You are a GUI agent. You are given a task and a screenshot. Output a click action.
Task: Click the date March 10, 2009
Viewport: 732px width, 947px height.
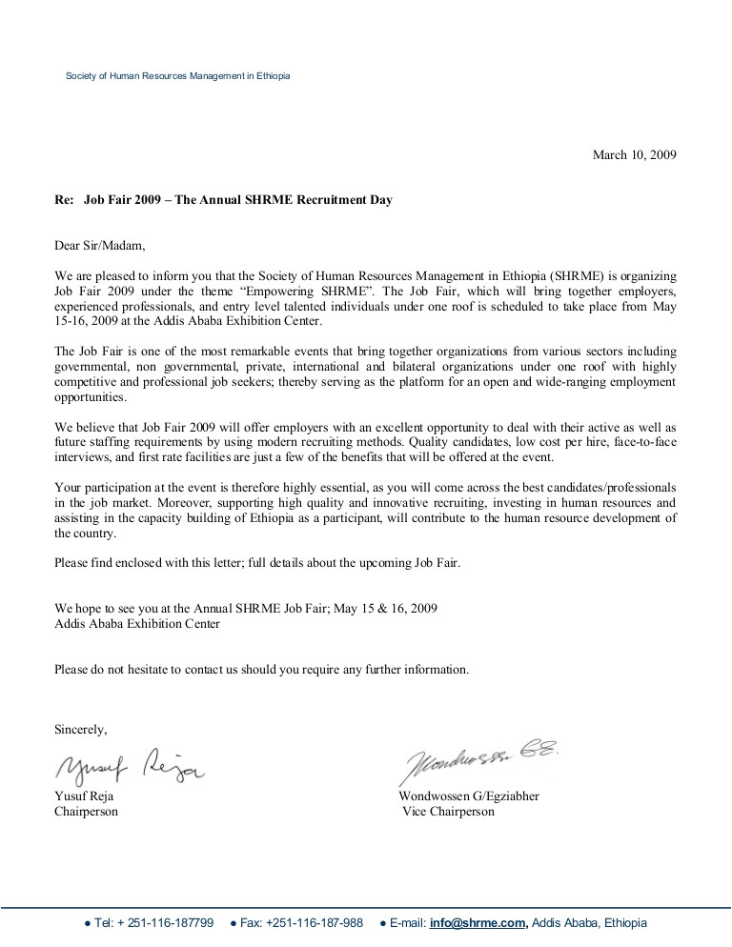tap(635, 155)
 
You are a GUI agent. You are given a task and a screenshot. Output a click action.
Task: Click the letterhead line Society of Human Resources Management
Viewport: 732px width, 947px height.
tap(177, 76)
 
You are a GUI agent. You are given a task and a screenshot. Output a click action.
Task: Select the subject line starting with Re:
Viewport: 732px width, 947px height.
tap(223, 200)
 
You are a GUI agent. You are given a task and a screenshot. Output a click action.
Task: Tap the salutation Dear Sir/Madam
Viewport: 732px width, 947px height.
tap(101, 246)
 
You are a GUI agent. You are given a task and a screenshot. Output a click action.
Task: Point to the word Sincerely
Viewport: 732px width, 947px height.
tap(81, 730)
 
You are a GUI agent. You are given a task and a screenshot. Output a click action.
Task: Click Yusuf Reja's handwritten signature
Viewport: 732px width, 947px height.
tap(129, 764)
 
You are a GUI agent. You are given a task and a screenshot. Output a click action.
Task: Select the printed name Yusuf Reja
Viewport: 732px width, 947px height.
tap(84, 796)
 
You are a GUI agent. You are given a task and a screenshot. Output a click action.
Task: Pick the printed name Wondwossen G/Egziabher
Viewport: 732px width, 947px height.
tap(469, 796)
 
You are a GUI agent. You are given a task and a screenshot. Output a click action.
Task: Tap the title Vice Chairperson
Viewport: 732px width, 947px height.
tap(449, 812)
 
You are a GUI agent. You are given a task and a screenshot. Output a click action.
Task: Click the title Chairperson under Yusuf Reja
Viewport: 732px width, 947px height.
tap(87, 812)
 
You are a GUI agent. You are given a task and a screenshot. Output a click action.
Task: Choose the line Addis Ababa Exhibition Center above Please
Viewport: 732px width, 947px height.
tap(137, 624)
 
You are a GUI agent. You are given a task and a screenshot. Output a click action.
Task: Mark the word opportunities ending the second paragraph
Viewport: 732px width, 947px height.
tap(91, 395)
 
